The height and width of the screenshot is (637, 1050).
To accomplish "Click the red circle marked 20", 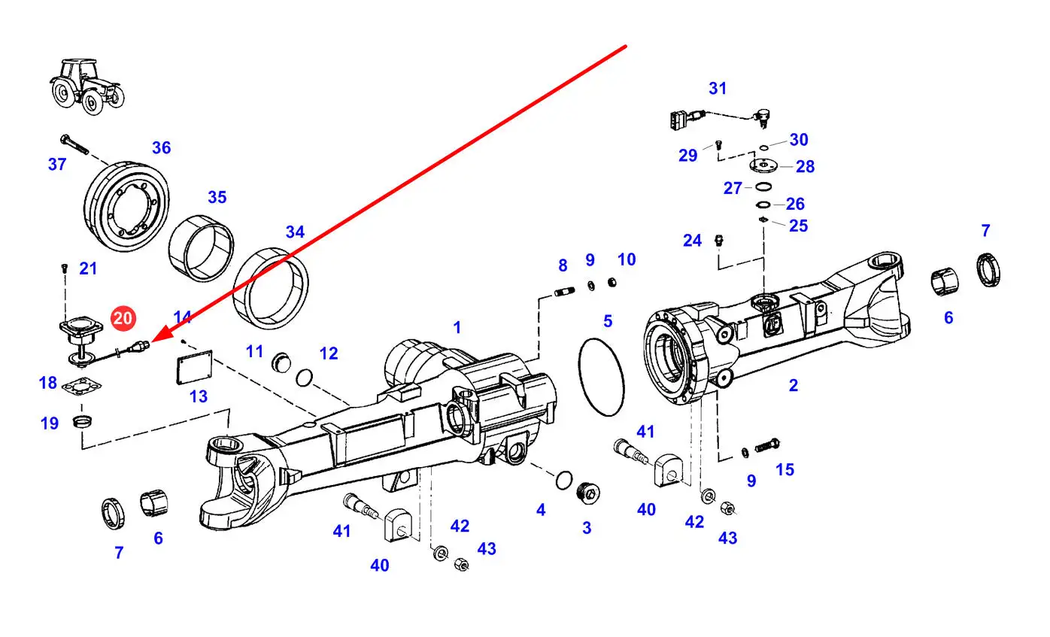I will coord(123,318).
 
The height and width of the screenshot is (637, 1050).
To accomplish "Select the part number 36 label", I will coord(161,148).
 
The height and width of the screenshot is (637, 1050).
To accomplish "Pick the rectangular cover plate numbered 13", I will coord(190,371).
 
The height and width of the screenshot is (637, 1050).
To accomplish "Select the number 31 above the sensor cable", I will coord(718,88).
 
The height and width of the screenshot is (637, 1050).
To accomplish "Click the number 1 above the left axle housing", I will coord(457,328).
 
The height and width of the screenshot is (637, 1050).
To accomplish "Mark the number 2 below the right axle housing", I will coord(793,386).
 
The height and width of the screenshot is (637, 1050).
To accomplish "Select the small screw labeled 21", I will coord(64,267).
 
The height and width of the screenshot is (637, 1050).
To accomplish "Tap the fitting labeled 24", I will coord(719,241).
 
